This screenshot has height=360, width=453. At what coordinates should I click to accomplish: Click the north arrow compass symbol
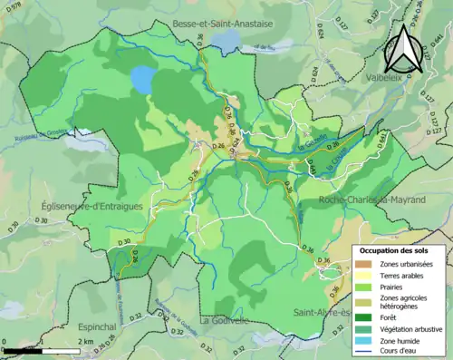pyautogui.click(x=402, y=49)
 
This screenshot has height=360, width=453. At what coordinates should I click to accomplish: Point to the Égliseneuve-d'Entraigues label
pyautogui.click(x=92, y=207)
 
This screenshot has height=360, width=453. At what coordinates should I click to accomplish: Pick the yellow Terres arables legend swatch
pyautogui.click(x=361, y=273)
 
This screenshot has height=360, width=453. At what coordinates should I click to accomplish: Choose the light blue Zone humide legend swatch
pyautogui.click(x=361, y=342)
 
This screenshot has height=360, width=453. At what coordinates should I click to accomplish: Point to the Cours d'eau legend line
pyautogui.click(x=361, y=353)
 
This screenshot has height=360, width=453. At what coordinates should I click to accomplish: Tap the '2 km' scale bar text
pyautogui.click(x=83, y=340)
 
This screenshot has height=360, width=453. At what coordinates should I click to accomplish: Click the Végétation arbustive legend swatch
pyautogui.click(x=361, y=328)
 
